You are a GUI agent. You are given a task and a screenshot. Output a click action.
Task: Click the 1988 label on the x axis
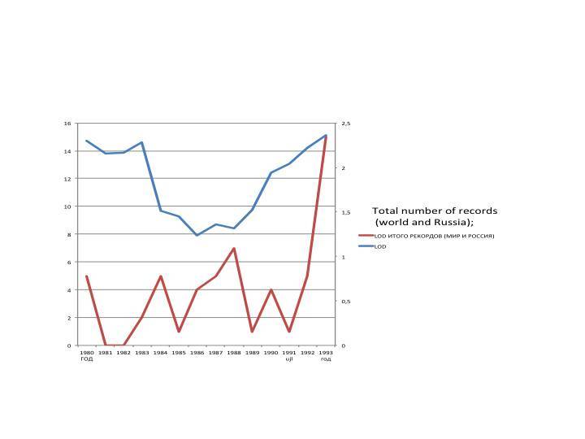(x=233, y=353)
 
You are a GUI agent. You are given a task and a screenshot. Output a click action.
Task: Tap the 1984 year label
(x=160, y=353)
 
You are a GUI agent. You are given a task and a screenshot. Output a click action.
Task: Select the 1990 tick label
(x=271, y=353)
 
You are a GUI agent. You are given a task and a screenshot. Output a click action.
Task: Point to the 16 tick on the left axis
(x=68, y=124)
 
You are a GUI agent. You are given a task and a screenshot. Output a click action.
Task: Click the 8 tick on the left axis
(x=69, y=235)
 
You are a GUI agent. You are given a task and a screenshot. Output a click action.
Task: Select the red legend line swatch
(x=365, y=237)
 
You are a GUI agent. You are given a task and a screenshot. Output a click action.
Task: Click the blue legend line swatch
(x=365, y=246)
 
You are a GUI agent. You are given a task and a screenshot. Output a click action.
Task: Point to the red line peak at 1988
(x=234, y=249)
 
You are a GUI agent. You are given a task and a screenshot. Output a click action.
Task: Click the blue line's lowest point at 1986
(x=197, y=236)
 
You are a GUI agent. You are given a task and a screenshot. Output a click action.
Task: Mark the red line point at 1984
(x=160, y=276)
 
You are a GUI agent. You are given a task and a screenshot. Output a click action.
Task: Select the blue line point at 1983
(x=142, y=142)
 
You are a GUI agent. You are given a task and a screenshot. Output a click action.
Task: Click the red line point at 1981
(x=105, y=346)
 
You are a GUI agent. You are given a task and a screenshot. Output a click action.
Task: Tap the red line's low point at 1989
(x=252, y=332)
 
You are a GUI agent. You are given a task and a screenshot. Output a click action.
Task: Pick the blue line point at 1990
(x=271, y=173)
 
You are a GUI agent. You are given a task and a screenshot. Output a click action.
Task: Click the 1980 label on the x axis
(x=86, y=353)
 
